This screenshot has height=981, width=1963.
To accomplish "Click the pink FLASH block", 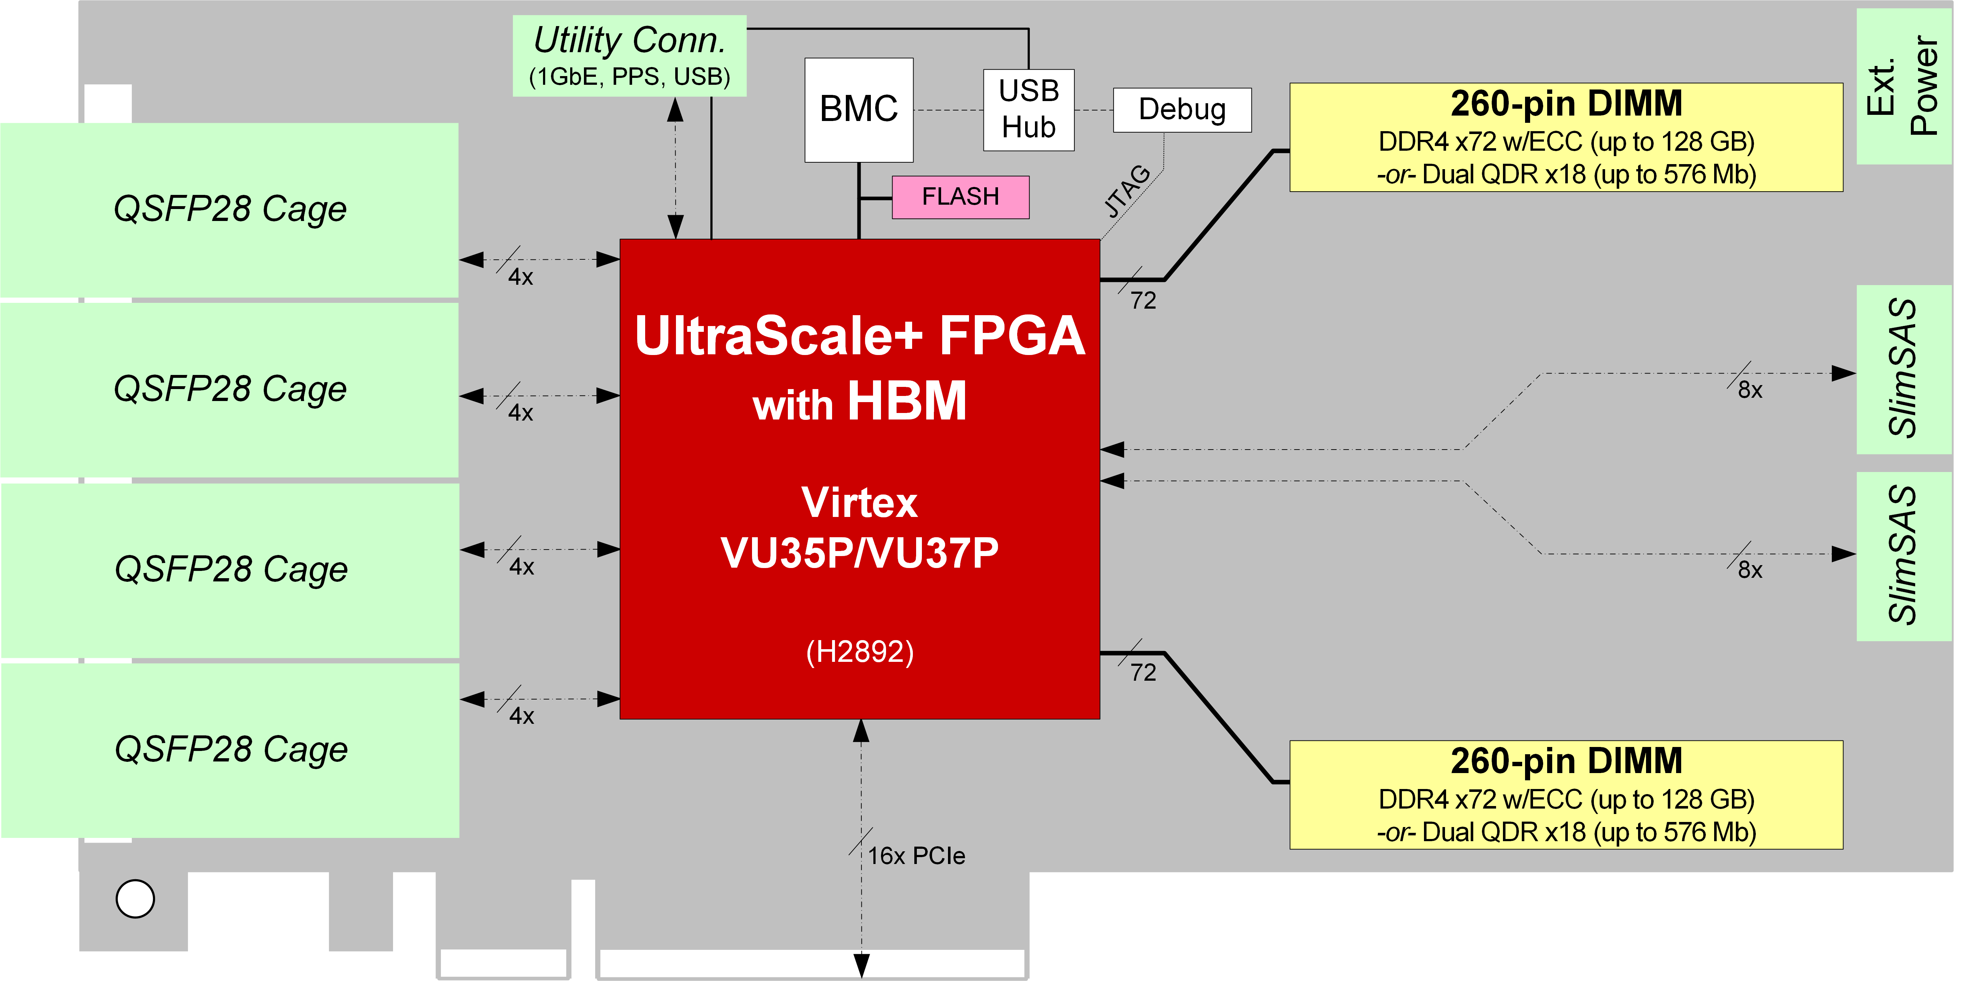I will tap(960, 197).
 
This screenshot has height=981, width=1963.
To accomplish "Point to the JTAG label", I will tap(1127, 191).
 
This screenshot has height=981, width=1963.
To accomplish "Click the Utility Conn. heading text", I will tap(629, 39).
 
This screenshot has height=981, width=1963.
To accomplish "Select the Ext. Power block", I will tap(1903, 86).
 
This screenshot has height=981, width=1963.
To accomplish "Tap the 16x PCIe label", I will tap(916, 855).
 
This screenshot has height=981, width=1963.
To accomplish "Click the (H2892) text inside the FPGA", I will tap(860, 652).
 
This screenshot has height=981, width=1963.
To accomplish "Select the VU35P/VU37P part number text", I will tap(860, 552).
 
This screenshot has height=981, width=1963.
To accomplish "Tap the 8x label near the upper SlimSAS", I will tap(1750, 390).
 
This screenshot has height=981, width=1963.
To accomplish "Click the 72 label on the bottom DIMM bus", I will tap(1142, 672).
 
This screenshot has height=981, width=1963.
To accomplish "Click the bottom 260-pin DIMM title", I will tap(1566, 761).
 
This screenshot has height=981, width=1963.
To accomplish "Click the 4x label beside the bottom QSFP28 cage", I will tap(521, 716).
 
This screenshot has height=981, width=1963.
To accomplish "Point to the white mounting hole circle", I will tap(135, 899).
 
